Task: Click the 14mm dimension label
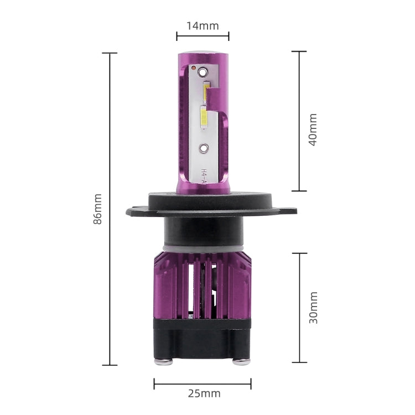203,26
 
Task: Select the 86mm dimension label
97,209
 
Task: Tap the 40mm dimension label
313,129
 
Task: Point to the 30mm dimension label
313,308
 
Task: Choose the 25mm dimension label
204,393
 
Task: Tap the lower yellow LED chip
204,117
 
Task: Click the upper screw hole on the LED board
203,71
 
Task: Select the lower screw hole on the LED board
204,148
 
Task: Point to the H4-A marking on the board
204,176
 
